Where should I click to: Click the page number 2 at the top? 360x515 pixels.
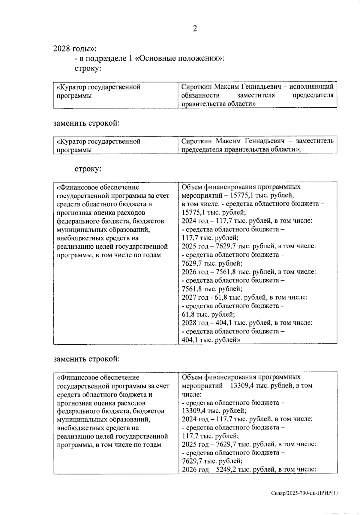(x=195, y=28)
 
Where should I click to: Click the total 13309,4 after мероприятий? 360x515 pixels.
(x=242, y=385)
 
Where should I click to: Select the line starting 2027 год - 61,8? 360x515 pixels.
(x=244, y=297)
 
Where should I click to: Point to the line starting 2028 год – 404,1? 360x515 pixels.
(x=247, y=323)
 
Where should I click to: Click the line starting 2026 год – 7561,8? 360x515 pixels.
(x=249, y=272)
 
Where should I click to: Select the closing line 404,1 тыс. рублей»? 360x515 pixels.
(x=211, y=340)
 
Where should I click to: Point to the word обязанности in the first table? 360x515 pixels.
(x=200, y=95)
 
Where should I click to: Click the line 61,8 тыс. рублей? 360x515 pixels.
(x=208, y=314)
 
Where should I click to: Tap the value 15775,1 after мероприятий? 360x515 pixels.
(x=242, y=195)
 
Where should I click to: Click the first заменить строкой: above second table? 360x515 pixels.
(x=86, y=123)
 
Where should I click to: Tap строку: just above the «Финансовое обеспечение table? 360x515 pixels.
(x=88, y=169)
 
